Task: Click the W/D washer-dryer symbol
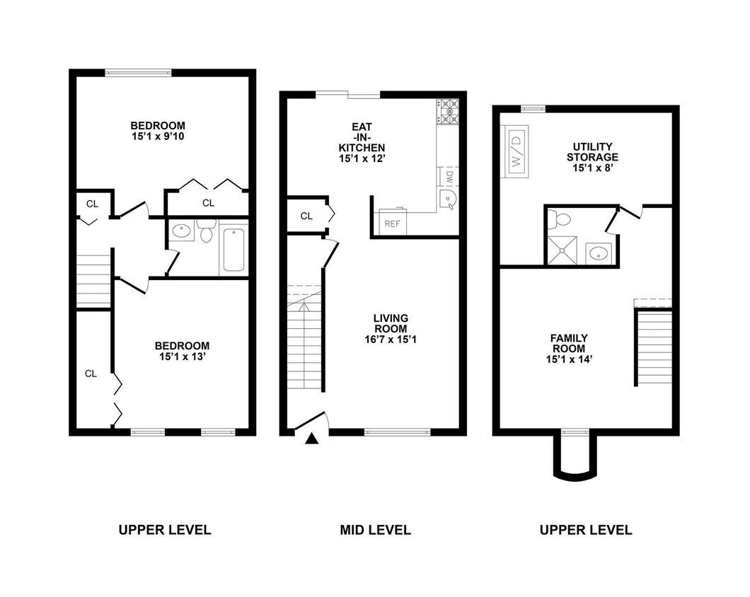(515, 150)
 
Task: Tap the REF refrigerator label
(391, 224)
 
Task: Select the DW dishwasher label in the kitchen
(449, 176)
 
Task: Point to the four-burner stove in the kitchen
(449, 111)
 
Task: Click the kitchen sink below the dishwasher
(448, 199)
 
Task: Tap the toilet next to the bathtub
(207, 231)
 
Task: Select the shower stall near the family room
(565, 250)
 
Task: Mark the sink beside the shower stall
(601, 252)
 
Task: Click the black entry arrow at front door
(311, 439)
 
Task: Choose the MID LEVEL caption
(374, 530)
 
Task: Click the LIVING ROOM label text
(391, 323)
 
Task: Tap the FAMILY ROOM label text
(569, 344)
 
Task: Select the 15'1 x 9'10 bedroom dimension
(162, 136)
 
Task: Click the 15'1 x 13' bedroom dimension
(182, 357)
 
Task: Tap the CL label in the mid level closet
(306, 216)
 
